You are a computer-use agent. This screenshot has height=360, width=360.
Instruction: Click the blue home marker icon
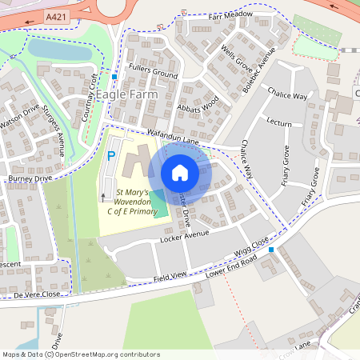(x=180, y=172)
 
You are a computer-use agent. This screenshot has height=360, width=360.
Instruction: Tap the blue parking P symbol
(x=110, y=157)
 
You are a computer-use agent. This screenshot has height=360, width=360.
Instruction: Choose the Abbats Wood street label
(x=199, y=106)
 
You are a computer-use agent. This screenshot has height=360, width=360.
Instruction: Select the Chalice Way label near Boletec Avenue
(x=289, y=96)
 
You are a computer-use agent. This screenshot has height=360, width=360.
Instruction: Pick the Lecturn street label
(x=279, y=123)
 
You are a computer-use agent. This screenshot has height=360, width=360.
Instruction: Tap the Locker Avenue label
(x=184, y=234)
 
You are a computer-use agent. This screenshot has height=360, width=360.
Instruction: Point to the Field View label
(x=170, y=275)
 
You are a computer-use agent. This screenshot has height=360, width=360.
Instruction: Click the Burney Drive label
(x=30, y=178)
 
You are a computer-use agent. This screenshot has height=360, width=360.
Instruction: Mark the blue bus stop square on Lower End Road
(x=271, y=250)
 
